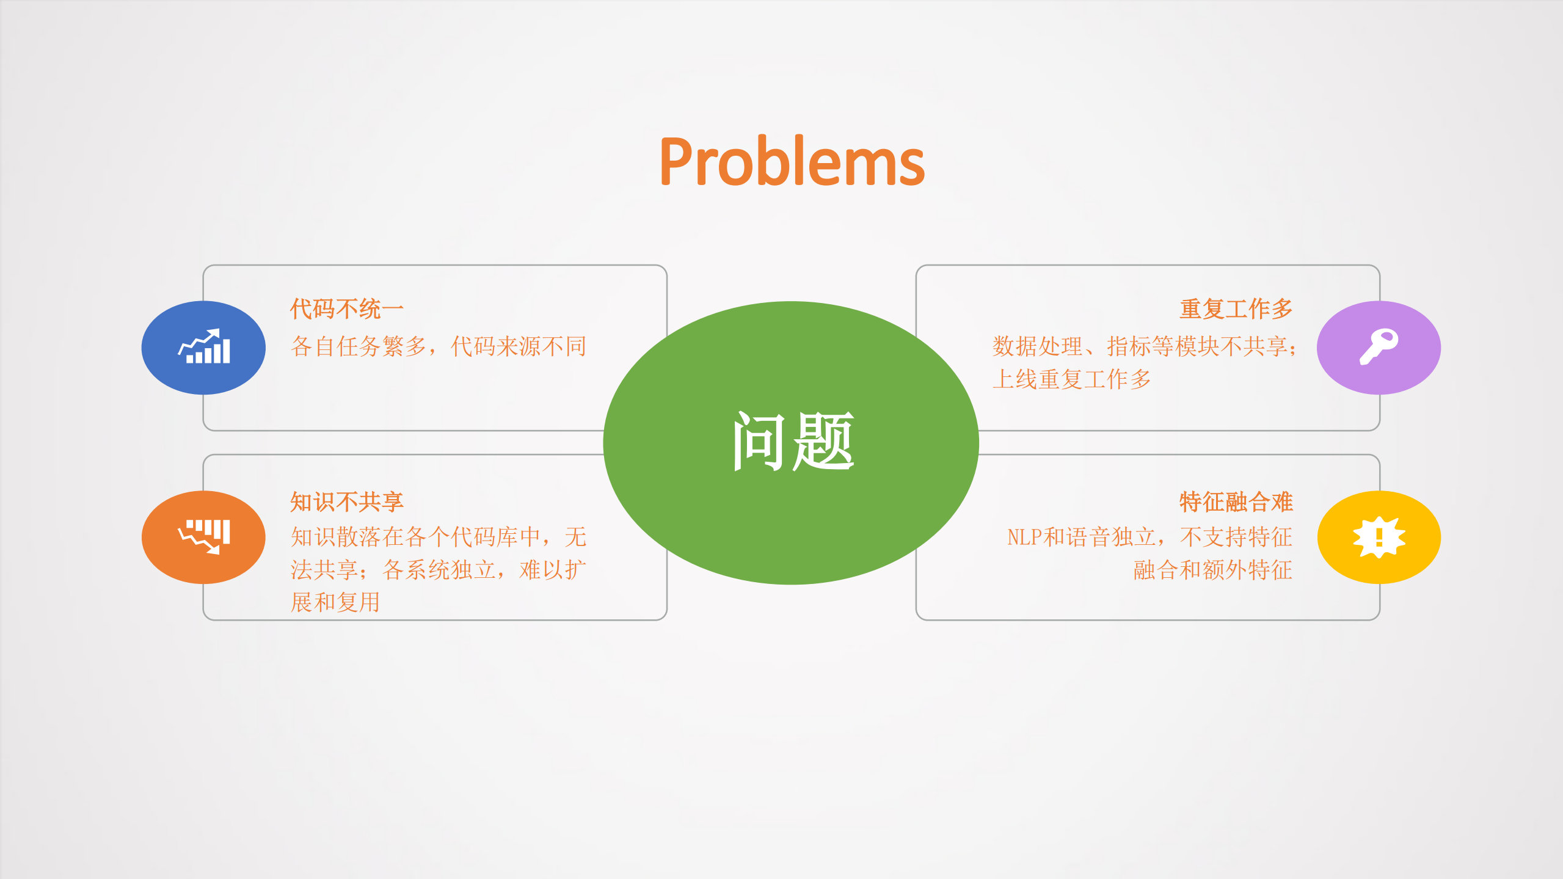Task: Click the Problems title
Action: [x=792, y=161]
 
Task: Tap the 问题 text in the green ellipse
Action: [x=792, y=441]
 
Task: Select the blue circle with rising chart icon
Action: [x=203, y=348]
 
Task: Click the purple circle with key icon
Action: [x=1379, y=348]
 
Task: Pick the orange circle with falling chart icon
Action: [x=203, y=537]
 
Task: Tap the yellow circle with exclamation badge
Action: [x=1379, y=537]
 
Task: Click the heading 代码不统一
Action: [x=346, y=309]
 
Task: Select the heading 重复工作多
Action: [x=1236, y=309]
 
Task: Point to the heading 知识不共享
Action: [x=346, y=502]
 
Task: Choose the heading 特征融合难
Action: [x=1236, y=502]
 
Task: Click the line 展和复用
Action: [x=335, y=602]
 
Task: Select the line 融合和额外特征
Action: [x=1212, y=570]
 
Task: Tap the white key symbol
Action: [x=1378, y=346]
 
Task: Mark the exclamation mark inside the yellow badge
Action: [x=1379, y=538]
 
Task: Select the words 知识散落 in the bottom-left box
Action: [x=335, y=538]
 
